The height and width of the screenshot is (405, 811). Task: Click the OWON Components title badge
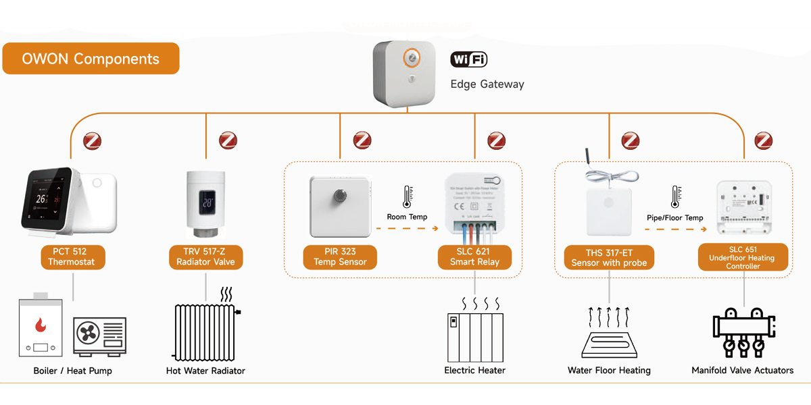pyautogui.click(x=91, y=59)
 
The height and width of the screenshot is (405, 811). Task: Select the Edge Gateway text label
pyautogui.click(x=487, y=84)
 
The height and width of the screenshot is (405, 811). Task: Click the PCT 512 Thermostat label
pyautogui.click(x=72, y=257)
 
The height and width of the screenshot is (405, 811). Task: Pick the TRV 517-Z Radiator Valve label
pyautogui.click(x=204, y=257)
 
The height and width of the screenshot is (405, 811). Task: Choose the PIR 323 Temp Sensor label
pyautogui.click(x=340, y=257)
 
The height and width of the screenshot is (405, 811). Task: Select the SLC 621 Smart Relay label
pyautogui.click(x=474, y=257)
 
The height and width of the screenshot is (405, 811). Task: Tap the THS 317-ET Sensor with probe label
pyautogui.click(x=609, y=258)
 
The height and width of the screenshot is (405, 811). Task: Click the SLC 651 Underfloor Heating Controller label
pyautogui.click(x=743, y=257)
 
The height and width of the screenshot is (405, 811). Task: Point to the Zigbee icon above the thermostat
pyautogui.click(x=91, y=141)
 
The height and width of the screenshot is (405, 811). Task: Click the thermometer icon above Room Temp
pyautogui.click(x=407, y=197)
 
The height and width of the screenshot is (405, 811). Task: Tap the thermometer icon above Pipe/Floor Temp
pyautogui.click(x=674, y=197)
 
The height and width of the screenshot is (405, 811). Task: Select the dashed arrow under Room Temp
pyautogui.click(x=407, y=229)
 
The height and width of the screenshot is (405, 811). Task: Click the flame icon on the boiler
pyautogui.click(x=41, y=325)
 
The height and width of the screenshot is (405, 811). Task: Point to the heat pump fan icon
pyautogui.click(x=88, y=333)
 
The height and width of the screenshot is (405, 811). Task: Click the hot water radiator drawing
pyautogui.click(x=204, y=331)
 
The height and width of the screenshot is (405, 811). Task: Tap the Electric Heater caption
pyautogui.click(x=474, y=371)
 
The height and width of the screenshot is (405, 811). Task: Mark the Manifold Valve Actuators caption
pyautogui.click(x=742, y=371)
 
